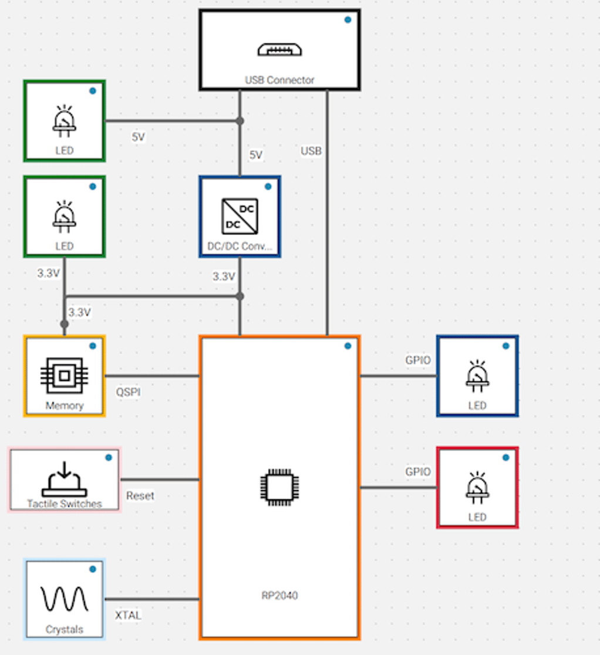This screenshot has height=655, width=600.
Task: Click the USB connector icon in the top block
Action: coord(279,49)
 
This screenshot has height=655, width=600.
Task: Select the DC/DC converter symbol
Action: coord(240,216)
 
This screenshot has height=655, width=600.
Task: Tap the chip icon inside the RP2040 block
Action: coord(279,487)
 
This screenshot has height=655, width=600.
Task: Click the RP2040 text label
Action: coord(279,595)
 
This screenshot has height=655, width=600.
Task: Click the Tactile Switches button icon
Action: coord(64,480)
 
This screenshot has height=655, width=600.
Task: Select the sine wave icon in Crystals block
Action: coord(64,599)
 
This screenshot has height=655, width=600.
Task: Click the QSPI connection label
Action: coord(129,392)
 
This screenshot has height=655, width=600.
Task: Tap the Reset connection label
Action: coord(140,496)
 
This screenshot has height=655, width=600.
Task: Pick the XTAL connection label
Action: coord(128,615)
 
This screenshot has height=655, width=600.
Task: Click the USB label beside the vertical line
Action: coord(311,151)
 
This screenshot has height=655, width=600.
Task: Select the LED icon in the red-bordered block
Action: coord(477,488)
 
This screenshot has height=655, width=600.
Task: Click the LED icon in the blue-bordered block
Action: coord(477,376)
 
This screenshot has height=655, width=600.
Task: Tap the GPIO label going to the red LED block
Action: coord(418,472)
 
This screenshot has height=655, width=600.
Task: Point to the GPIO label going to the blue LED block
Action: coord(418,360)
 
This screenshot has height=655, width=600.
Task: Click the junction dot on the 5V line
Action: coord(240,121)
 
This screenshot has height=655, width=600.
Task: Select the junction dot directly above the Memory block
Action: coord(64,323)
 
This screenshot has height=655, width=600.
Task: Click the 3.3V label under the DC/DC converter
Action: coord(224,276)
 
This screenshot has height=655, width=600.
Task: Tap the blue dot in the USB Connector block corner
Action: coord(348,20)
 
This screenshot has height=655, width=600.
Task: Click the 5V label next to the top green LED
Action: coord(138,137)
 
